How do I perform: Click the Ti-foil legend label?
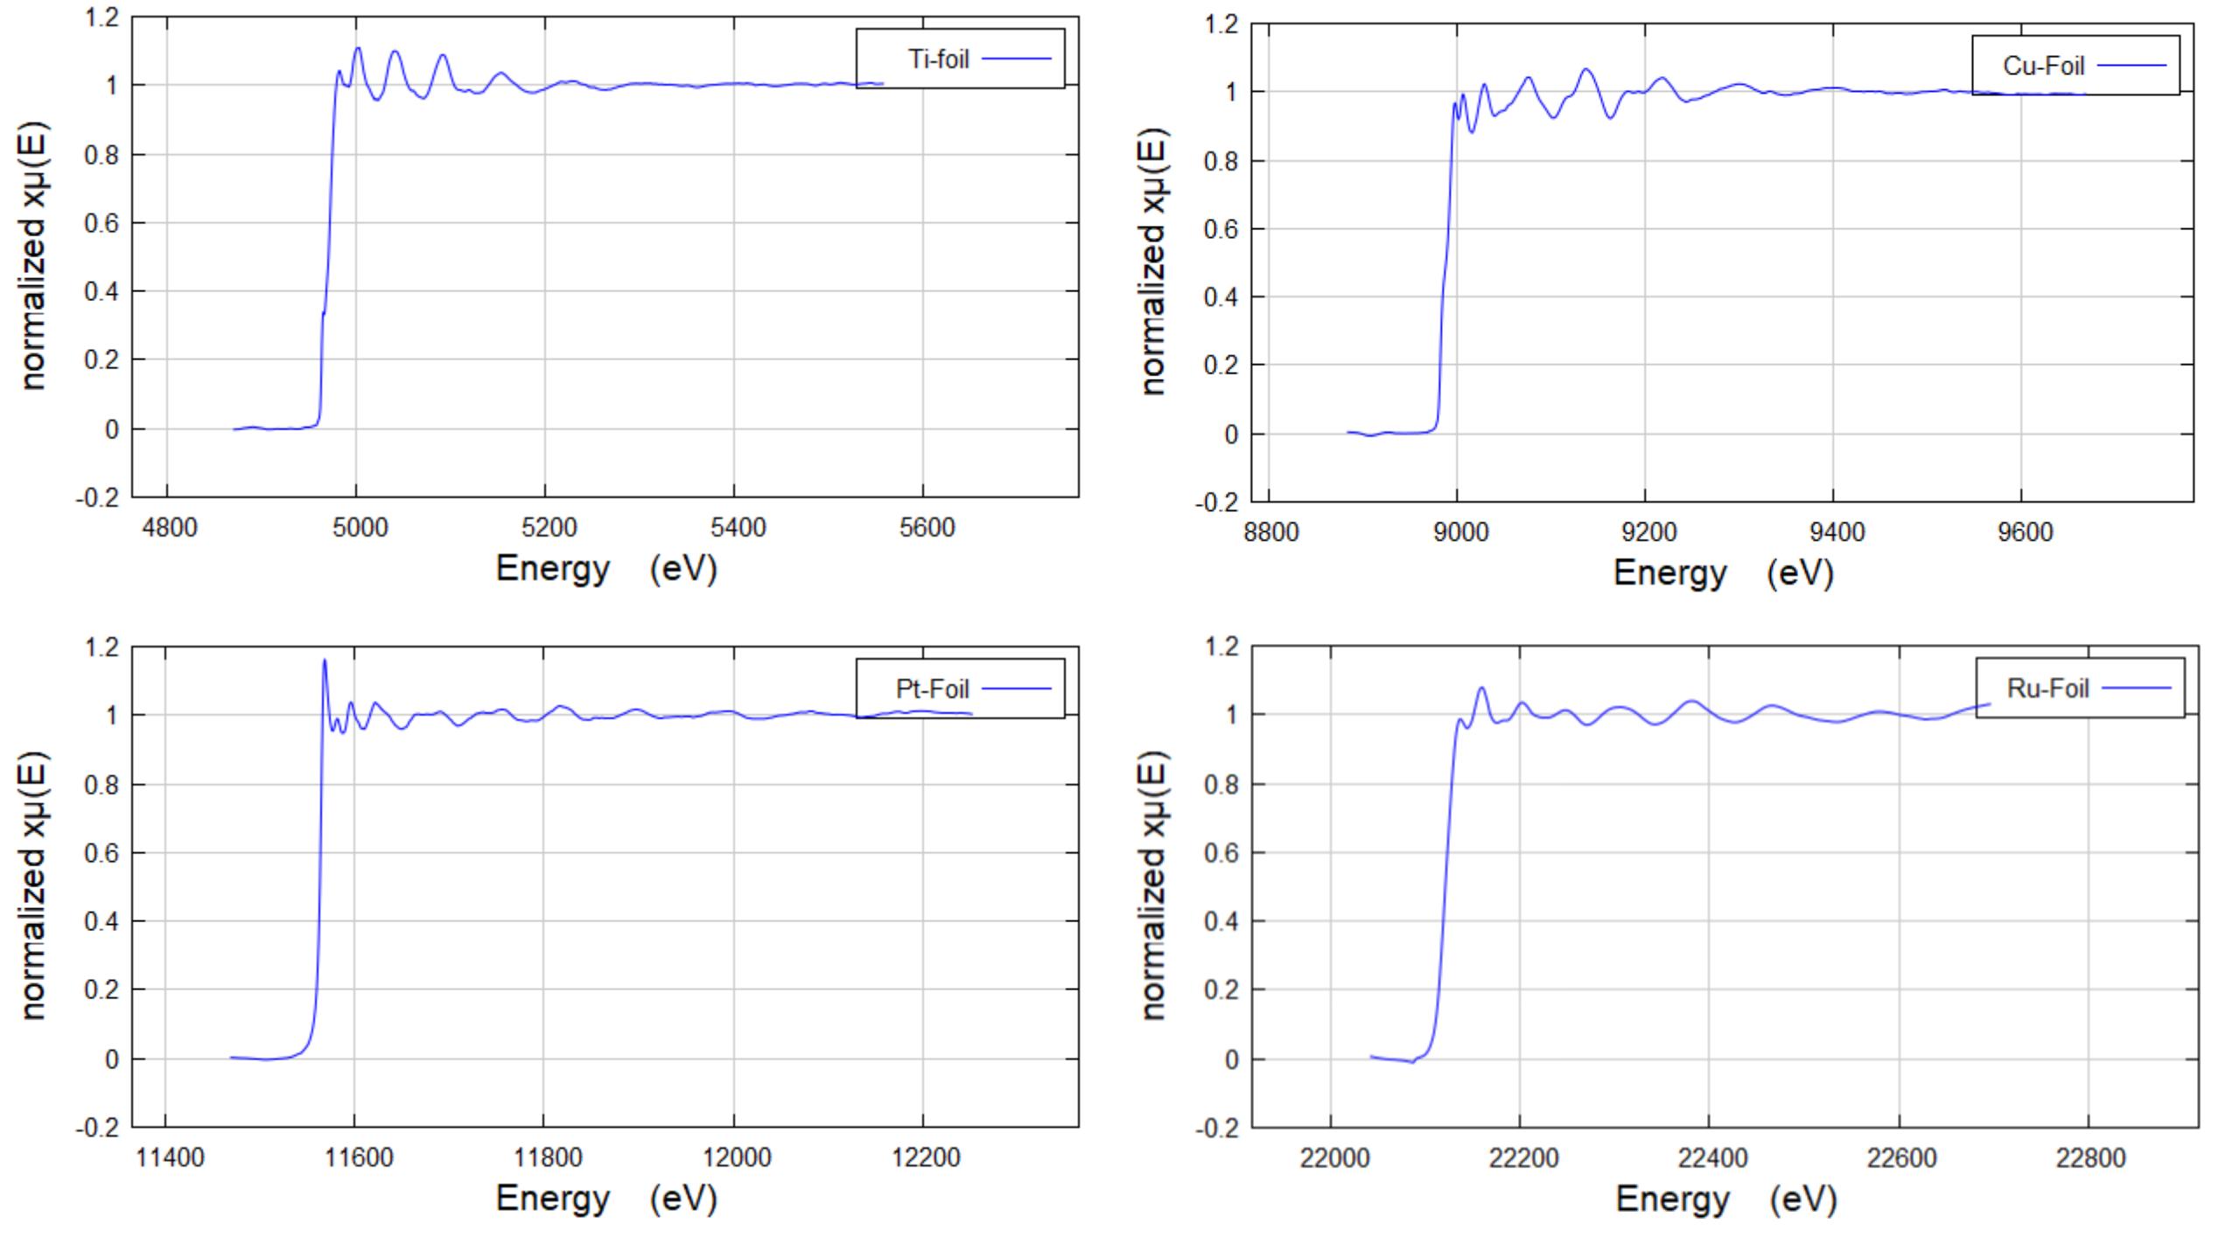coord(938,59)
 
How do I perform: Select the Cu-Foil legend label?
coord(2044,66)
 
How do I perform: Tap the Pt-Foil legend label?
coord(932,689)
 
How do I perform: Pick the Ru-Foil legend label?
coord(2047,689)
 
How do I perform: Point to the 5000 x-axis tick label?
coord(360,528)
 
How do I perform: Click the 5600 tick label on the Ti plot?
coord(927,528)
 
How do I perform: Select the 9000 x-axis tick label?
coord(1459,532)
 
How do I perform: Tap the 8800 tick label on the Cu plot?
coord(1270,532)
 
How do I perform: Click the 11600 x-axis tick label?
coord(359,1158)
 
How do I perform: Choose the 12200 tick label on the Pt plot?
coord(926,1158)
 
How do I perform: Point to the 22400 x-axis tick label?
coord(1712,1158)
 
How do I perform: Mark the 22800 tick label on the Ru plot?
coord(2090,1158)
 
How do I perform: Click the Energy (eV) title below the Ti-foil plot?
coord(606,569)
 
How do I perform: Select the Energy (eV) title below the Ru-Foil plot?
coord(1725,1199)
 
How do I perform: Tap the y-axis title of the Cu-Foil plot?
coord(1154,262)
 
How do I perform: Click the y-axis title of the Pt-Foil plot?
coord(32,885)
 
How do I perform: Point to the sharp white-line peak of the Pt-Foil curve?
coord(325,661)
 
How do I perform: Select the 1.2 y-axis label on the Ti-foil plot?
coord(101,17)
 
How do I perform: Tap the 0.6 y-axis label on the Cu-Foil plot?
coord(1221,229)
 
